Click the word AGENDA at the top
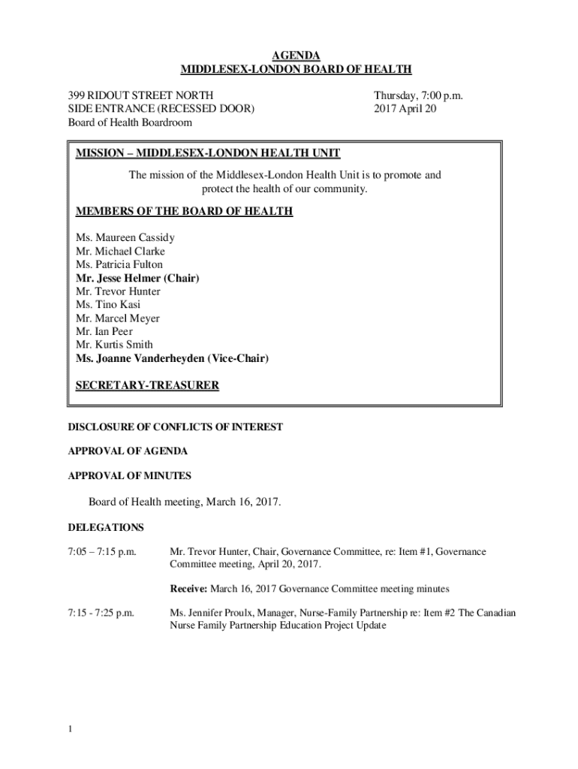pyautogui.click(x=296, y=56)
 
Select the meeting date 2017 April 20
pyautogui.click(x=405, y=108)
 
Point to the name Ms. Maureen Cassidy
pyautogui.click(x=125, y=237)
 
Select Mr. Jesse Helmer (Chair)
pyautogui.click(x=138, y=278)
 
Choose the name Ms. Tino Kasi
pyautogui.click(x=108, y=305)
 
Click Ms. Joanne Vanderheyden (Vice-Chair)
pyautogui.click(x=172, y=359)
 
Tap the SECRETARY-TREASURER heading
pyautogui.click(x=147, y=386)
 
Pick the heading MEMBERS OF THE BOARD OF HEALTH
pyautogui.click(x=184, y=211)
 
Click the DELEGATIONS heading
pyautogui.click(x=106, y=527)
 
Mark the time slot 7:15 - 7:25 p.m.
pyautogui.click(x=101, y=613)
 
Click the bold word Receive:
pyautogui.click(x=191, y=588)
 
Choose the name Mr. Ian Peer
pyautogui.click(x=104, y=332)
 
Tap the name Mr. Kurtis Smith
pyautogui.click(x=114, y=345)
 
